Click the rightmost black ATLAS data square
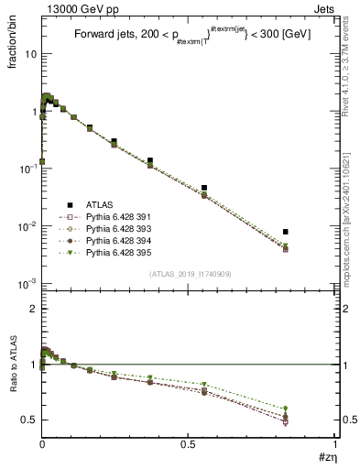tap(286, 232)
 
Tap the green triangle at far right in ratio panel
tap(286, 409)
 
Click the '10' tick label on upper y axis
tap(29, 54)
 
